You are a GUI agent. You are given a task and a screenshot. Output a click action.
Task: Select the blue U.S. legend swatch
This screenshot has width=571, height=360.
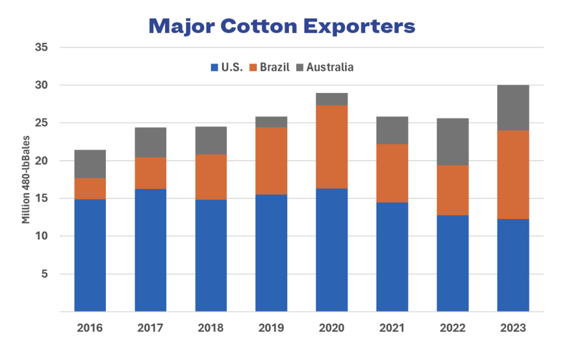point(214,67)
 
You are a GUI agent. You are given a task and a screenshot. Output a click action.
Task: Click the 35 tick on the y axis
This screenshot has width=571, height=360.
point(40,47)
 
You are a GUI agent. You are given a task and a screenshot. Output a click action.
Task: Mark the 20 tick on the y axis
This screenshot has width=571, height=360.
point(40,160)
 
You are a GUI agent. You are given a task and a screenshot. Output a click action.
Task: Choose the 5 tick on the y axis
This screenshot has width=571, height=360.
point(43,274)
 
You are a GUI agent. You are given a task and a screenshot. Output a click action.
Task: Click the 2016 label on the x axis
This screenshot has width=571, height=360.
point(90,328)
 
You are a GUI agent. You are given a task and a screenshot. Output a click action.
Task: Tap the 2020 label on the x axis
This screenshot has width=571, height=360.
point(332,328)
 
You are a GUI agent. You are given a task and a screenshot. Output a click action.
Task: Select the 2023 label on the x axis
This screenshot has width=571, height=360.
point(513,328)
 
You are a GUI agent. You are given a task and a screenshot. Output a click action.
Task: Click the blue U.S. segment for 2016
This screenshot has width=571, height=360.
point(90,255)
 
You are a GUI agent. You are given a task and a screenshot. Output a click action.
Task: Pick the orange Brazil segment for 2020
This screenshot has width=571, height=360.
point(332,147)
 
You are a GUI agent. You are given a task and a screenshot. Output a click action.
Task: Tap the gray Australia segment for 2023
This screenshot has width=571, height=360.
point(513,108)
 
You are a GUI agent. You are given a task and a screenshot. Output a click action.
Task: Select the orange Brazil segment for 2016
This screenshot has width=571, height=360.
point(90,188)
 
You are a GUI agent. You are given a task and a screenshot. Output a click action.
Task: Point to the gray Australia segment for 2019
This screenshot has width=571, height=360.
point(271,121)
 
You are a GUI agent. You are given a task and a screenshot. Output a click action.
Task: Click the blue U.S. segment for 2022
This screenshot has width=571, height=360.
point(452,263)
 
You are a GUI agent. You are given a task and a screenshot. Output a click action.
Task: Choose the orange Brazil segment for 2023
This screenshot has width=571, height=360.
point(513,174)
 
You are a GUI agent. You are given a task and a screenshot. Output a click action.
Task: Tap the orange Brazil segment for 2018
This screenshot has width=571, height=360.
point(211,177)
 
